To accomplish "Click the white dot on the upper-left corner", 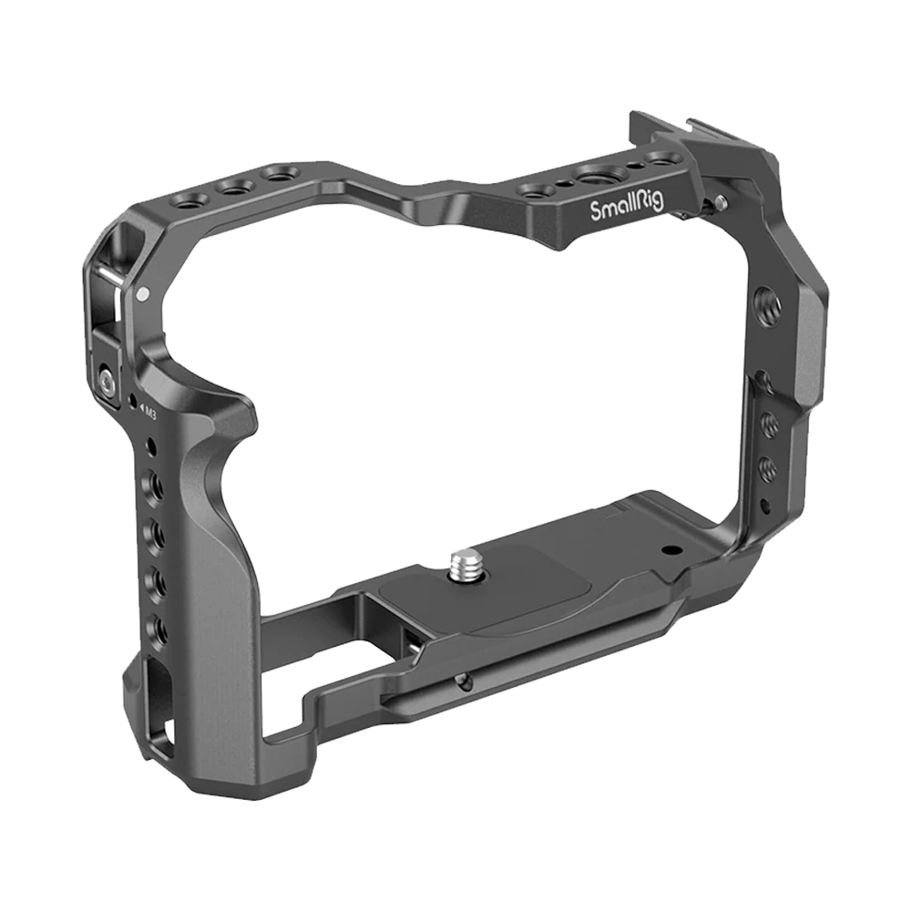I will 143,294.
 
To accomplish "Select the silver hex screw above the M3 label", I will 107,375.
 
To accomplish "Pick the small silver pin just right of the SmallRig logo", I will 721,201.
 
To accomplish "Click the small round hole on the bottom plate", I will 671,549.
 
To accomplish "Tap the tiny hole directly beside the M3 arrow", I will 133,402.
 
